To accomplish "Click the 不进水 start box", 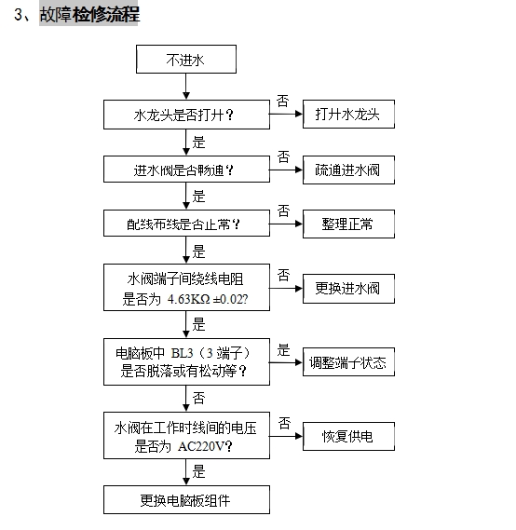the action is tap(186, 60).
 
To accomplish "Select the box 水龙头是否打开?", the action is tap(186, 115).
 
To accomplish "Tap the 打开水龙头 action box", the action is tap(348, 115).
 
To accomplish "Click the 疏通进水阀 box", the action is tap(348, 170).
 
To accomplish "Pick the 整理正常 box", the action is tap(348, 224).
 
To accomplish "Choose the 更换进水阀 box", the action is tap(348, 289).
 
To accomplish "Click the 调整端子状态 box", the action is tap(348, 362).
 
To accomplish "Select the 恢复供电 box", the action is tap(348, 436).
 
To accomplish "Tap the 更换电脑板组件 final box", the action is tap(186, 500).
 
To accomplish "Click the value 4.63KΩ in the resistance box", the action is tap(188, 299).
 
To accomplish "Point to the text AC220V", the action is tap(201, 446).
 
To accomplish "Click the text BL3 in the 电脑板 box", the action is tap(183, 353).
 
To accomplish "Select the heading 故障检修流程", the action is tap(89, 15).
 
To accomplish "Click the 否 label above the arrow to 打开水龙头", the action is tap(283, 102).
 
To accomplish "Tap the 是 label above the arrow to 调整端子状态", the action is tap(283, 350).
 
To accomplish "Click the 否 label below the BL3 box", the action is tap(198, 398).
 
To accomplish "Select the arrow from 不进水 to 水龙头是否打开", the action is tap(186, 87).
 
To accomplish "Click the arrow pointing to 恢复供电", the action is tap(286, 436).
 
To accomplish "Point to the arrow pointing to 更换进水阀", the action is tap(286, 289).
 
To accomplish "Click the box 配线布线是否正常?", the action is tap(186, 224).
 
